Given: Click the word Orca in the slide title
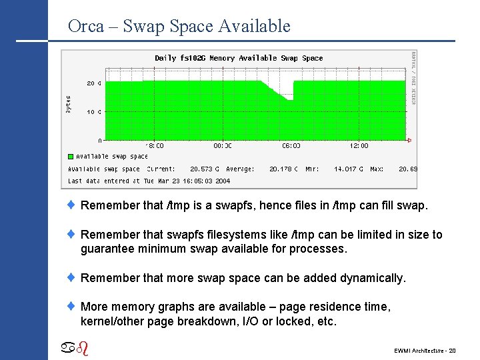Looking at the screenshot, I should coord(85,27).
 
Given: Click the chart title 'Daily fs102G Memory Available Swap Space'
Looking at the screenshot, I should coord(239,58).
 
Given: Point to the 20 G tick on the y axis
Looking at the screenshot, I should coord(94,83).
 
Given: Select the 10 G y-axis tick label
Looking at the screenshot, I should coord(94,112).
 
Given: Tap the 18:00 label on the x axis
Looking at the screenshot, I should coord(155,145).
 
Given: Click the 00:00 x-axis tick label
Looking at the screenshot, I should coord(223,145).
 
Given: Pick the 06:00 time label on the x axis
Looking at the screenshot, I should coord(291,145).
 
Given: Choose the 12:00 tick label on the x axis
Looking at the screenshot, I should coord(359,145).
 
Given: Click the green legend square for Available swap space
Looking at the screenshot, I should coord(71,157).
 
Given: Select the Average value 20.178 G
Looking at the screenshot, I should coord(283,169).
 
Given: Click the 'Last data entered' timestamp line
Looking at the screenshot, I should coord(149,181).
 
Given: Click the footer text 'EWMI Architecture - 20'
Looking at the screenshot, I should coord(425,350).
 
